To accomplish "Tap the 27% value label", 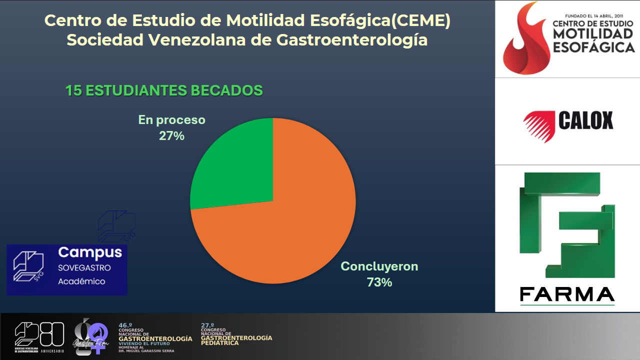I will click(x=171, y=135).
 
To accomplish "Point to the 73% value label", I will click(x=379, y=282).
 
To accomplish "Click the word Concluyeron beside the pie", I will click(x=379, y=266).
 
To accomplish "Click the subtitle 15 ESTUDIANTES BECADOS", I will click(x=164, y=90).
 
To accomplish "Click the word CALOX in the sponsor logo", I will click(x=585, y=121).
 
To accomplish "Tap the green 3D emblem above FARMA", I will click(x=567, y=225).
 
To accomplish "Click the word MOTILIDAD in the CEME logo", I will click(x=593, y=34).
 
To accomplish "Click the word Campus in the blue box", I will click(x=90, y=252).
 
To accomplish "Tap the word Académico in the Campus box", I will click(x=81, y=281).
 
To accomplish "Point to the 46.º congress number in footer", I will click(x=125, y=325).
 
